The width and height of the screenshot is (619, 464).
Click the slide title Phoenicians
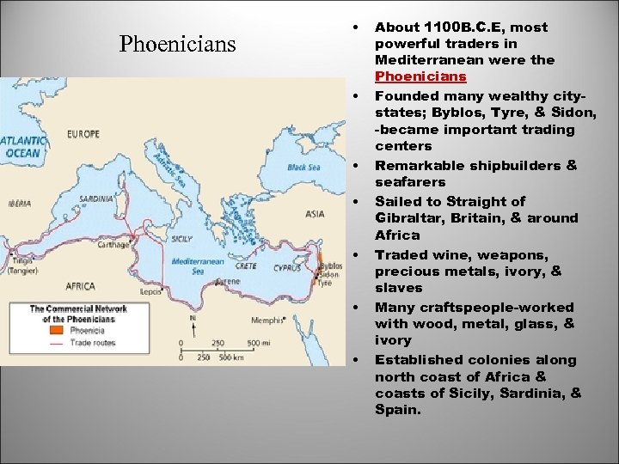[x=177, y=44]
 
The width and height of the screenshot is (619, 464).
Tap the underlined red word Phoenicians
[x=420, y=77]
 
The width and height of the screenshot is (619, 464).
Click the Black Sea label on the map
[x=303, y=167]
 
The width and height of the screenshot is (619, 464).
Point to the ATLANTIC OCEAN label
[x=22, y=147]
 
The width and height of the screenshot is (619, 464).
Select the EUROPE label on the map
[x=83, y=134]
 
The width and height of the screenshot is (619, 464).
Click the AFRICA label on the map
[x=81, y=286]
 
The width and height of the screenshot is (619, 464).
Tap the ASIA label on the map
[x=314, y=213]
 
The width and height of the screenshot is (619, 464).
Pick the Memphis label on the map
[x=268, y=321]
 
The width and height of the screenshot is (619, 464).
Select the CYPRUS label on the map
[x=286, y=267]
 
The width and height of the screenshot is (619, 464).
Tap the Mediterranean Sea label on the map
[x=199, y=266]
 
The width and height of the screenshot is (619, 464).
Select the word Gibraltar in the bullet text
[x=405, y=218]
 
